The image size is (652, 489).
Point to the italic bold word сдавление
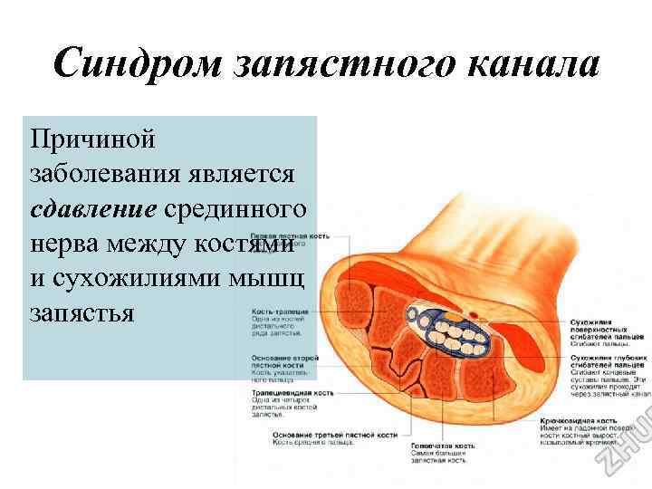click(93, 208)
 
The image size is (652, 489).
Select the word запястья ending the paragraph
click(82, 312)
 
